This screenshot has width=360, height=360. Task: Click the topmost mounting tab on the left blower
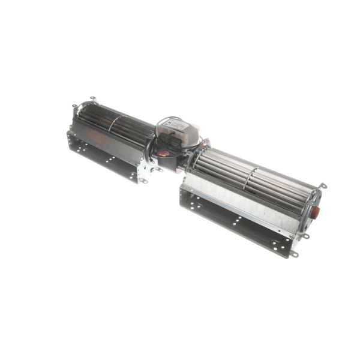(92, 99)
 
